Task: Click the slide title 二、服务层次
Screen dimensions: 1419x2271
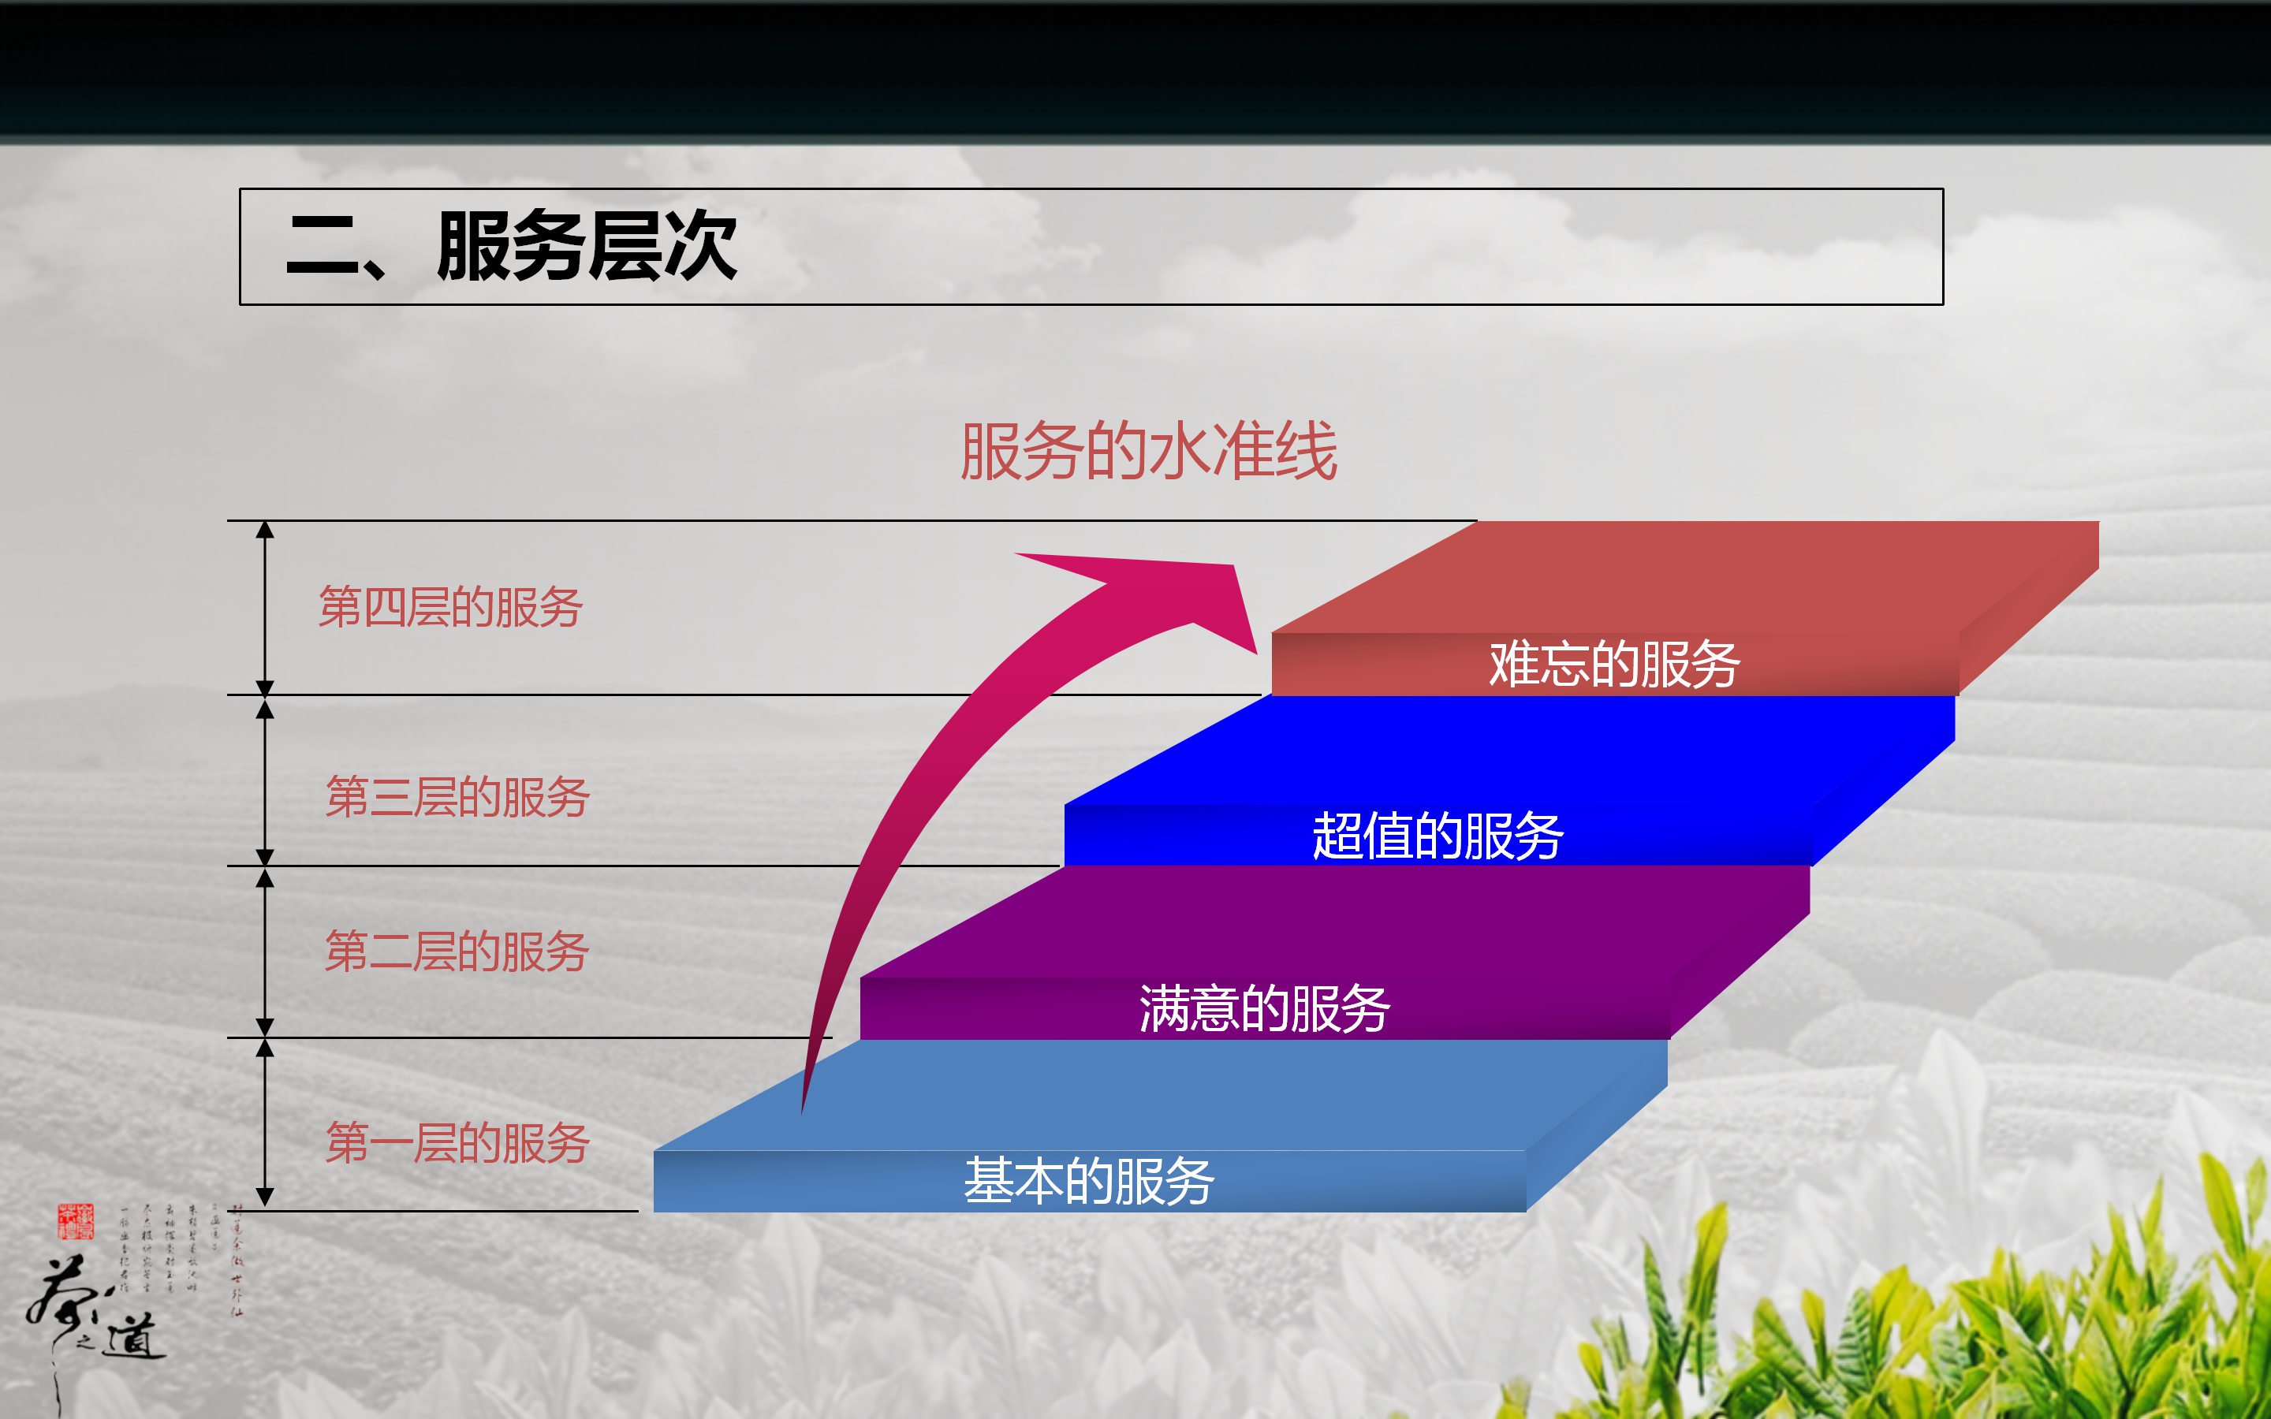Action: pyautogui.click(x=512, y=247)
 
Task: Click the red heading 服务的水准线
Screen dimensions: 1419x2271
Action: pyautogui.click(x=1149, y=452)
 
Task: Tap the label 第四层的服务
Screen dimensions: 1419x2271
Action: pyautogui.click(x=450, y=606)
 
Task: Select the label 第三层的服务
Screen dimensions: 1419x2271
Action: pyautogui.click(x=457, y=797)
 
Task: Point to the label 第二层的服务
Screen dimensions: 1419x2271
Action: pyautogui.click(x=457, y=952)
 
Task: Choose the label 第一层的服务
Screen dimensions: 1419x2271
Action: pyautogui.click(x=457, y=1143)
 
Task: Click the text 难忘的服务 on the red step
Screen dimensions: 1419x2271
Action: pyautogui.click(x=1614, y=665)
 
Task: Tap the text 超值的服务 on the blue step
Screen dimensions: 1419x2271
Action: pyautogui.click(x=1438, y=836)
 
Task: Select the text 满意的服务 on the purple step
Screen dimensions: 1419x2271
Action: pyautogui.click(x=1264, y=1009)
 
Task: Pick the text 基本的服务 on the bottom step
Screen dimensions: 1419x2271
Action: pyautogui.click(x=1088, y=1181)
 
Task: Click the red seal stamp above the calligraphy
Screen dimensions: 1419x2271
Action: pyautogui.click(x=75, y=1221)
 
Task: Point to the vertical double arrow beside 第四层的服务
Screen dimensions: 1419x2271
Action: pyautogui.click(x=266, y=607)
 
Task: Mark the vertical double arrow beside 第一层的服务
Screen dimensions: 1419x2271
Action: pyautogui.click(x=266, y=1123)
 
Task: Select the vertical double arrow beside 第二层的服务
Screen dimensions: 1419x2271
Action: pyautogui.click(x=266, y=952)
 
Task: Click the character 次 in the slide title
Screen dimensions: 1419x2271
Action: pyautogui.click(x=699, y=247)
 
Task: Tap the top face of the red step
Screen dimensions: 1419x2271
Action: pyautogui.click(x=1689, y=572)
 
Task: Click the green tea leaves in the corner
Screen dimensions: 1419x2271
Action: pyautogui.click(x=2018, y=1332)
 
